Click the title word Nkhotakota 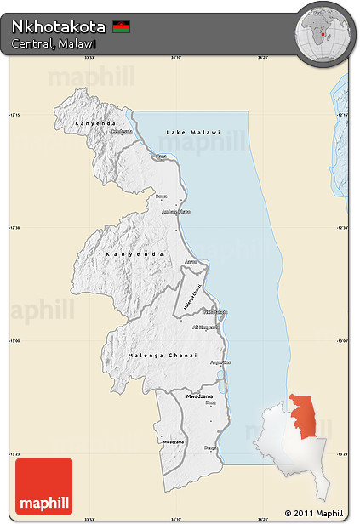pyautogui.click(x=58, y=26)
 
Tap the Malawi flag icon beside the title pyautogui.click(x=121, y=26)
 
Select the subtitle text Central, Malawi pyautogui.click(x=53, y=43)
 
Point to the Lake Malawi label pyautogui.click(x=192, y=133)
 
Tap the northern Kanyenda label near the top pyautogui.click(x=94, y=124)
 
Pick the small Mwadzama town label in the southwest pyautogui.click(x=173, y=442)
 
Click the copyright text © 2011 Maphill pyautogui.click(x=313, y=513)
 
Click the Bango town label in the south pyautogui.click(x=210, y=447)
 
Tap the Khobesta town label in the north pyautogui.click(x=122, y=131)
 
